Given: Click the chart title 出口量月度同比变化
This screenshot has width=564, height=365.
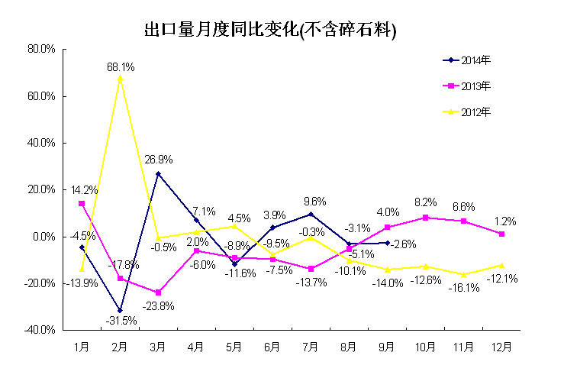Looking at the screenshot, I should coord(272,30).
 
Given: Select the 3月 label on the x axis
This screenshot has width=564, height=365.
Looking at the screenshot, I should coord(158,347).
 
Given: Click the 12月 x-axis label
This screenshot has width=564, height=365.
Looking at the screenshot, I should coord(501,347).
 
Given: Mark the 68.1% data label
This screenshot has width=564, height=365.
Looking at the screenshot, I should coord(121,67).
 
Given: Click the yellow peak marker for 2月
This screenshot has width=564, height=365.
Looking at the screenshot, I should coord(120,78).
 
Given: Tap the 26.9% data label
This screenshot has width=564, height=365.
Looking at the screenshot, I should coord(159,160).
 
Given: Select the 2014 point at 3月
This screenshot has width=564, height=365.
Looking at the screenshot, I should coord(158,173).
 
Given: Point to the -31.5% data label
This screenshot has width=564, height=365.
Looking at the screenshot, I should coord(122,321).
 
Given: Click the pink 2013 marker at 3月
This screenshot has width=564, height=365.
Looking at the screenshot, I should coord(158,292).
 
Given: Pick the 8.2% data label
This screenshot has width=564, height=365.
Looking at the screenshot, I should coord(426,202).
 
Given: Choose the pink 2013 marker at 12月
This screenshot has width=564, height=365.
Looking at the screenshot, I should coord(501,234).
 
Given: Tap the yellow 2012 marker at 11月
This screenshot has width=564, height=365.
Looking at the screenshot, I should coord(463,274).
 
